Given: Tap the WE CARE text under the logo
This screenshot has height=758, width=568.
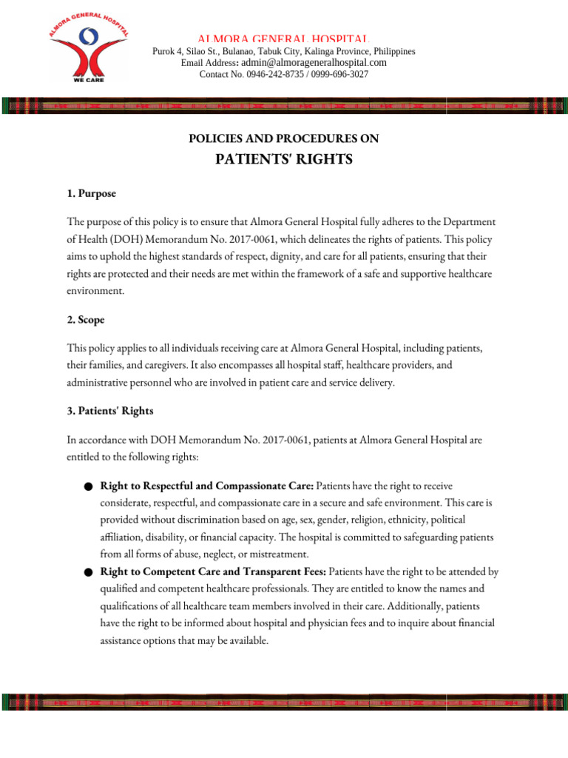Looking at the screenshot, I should (88, 79).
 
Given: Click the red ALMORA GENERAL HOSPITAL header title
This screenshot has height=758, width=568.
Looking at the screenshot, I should (283, 38).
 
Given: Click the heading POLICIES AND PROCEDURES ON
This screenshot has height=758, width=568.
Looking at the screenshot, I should (284, 138).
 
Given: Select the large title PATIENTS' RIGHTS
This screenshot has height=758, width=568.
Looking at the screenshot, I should (284, 161).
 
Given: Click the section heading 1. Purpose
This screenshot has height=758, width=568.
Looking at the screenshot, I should (90, 193).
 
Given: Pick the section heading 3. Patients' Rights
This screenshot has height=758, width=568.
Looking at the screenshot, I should (110, 411).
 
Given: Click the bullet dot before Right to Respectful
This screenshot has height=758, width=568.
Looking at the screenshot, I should (88, 487).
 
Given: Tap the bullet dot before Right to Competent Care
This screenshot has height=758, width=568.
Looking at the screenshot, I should (88, 572).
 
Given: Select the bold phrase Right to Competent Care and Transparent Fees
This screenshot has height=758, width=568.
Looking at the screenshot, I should (213, 572).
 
